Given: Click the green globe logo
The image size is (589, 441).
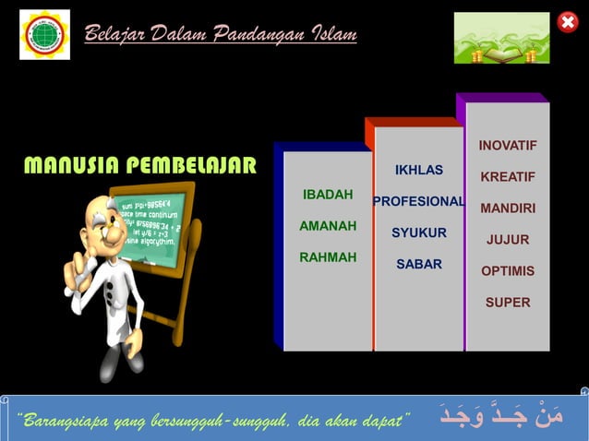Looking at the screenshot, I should click(44, 34).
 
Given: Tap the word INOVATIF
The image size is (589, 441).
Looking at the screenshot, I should click(507, 146).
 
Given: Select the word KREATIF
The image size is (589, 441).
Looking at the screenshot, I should click(507, 176).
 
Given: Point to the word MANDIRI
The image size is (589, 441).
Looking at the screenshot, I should click(507, 209).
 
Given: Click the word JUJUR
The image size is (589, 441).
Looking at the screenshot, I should click(507, 240).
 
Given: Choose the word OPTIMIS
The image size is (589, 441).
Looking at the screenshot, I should click(507, 271).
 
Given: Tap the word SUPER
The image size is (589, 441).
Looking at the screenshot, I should click(507, 303).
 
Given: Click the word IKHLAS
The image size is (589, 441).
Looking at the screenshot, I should click(418, 170).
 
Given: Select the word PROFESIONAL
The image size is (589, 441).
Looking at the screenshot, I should click(418, 201).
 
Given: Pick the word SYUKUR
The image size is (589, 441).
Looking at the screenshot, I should click(418, 232).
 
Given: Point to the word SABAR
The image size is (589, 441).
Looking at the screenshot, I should click(418, 264).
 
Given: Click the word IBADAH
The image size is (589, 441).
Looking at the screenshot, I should click(328, 195).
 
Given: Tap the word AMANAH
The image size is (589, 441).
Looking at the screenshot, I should click(328, 225).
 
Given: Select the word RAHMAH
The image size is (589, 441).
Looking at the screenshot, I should click(328, 257).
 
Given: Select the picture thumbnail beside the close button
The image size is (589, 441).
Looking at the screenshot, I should click(501, 38).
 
